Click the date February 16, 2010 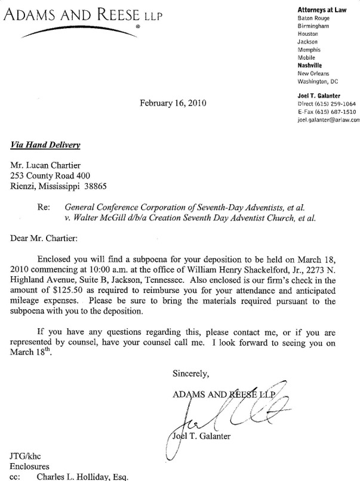[173, 103]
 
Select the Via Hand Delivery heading [46, 144]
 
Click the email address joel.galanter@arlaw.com [328, 120]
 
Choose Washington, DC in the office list [319, 81]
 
